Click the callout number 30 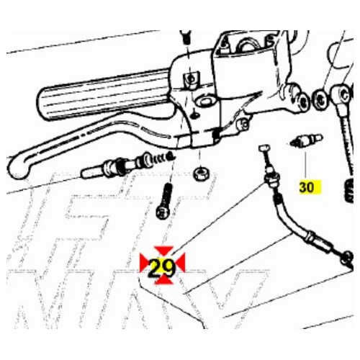coord(307,187)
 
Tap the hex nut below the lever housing coord(202,174)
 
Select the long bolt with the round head coord(165,201)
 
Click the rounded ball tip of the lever coord(19,168)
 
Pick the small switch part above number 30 coord(306,141)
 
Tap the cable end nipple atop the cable coord(264,148)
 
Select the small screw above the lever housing coord(186,37)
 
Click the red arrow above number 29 coord(163,251)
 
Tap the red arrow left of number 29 coord(145,264)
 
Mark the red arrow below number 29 coord(164,280)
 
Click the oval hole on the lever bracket coord(204,102)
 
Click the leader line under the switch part coord(305,164)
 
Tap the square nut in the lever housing coord(191,80)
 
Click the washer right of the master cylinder coord(320,99)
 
